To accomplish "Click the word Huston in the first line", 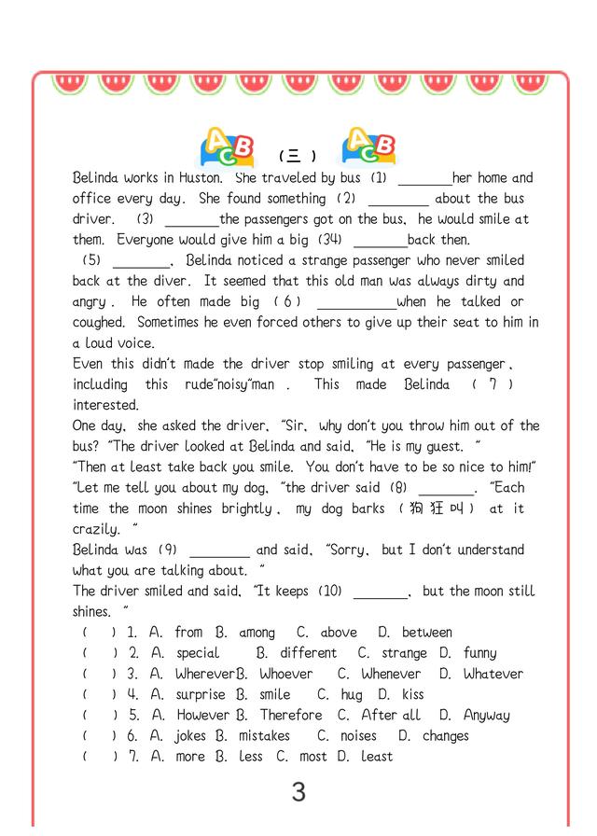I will pos(198,177).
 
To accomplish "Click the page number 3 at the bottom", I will pos(298,792).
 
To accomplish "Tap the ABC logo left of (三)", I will pos(228,148).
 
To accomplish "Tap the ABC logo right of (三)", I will pos(368,146).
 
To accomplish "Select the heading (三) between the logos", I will pos(298,156).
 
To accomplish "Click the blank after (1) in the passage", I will pos(424,179).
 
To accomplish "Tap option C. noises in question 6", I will pos(347,736).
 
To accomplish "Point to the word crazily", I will pos(97,529).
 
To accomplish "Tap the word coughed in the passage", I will pos(99,322).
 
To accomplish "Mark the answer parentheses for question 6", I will pos(99,736).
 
